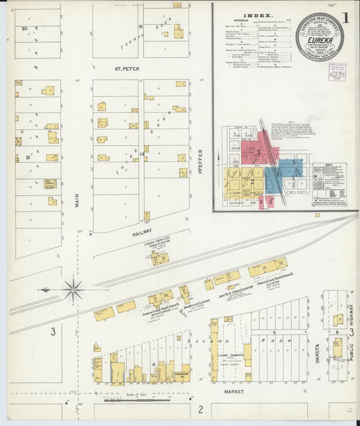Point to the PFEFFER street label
pos(201,163)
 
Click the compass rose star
pos(73,290)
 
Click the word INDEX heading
pos(259,15)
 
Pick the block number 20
pos(24,29)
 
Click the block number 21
pos(28,157)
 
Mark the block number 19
pos(141,27)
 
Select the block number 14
pos(142,155)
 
